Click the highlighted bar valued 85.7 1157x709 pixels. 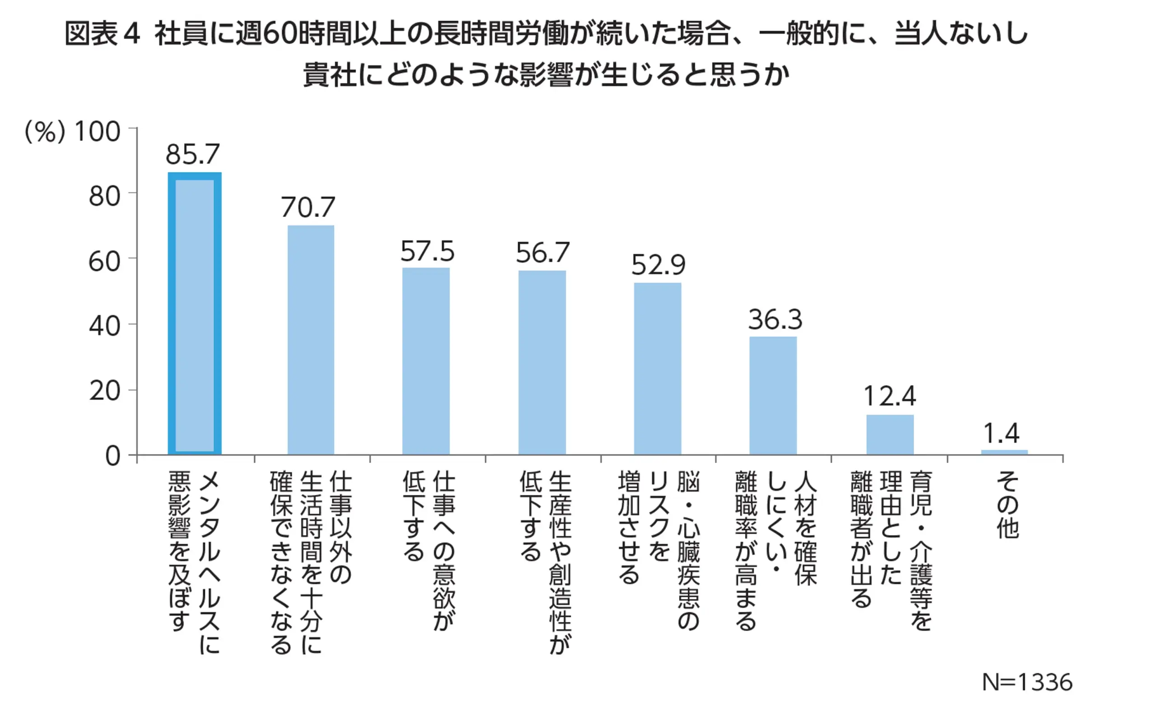click(x=194, y=313)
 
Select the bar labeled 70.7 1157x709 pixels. click(x=310, y=340)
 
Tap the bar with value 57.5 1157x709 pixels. click(x=425, y=361)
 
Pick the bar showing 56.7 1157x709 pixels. click(x=542, y=363)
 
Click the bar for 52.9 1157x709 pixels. click(x=658, y=369)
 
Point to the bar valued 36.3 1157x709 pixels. click(x=773, y=396)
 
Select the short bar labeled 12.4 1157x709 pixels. click(x=890, y=435)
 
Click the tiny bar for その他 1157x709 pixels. click(x=1004, y=453)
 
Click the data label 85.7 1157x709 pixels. click(x=193, y=154)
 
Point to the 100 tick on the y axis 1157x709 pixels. click(x=98, y=132)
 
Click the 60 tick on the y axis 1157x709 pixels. click(x=104, y=262)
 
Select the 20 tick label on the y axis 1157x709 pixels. click(x=104, y=392)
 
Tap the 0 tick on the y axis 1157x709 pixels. click(x=113, y=456)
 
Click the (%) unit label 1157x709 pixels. click(x=44, y=132)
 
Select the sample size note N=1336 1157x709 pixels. click(x=1027, y=682)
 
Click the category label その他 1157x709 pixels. click(x=1007, y=505)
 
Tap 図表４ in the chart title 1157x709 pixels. click(x=102, y=34)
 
